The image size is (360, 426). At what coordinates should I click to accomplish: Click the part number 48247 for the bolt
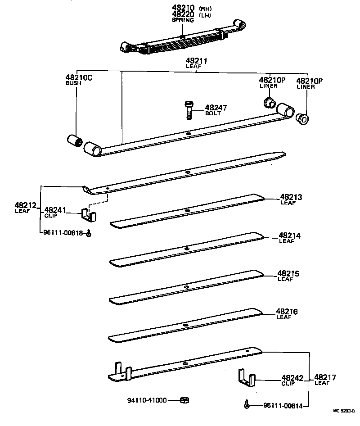coord(216,108)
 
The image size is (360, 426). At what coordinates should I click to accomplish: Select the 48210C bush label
coord(79,78)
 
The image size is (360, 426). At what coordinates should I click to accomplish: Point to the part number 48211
coord(197,60)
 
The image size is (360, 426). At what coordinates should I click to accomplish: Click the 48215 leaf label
coord(288,273)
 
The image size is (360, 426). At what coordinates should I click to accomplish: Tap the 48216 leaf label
coord(287,312)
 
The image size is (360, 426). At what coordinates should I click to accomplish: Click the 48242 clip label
coord(292,378)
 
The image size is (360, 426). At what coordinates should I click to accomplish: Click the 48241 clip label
coord(55,209)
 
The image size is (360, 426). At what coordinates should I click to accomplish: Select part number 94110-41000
coord(146,400)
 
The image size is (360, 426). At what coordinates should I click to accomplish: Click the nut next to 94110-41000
coord(184,400)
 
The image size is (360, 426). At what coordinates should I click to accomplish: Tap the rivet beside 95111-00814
coord(247,405)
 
